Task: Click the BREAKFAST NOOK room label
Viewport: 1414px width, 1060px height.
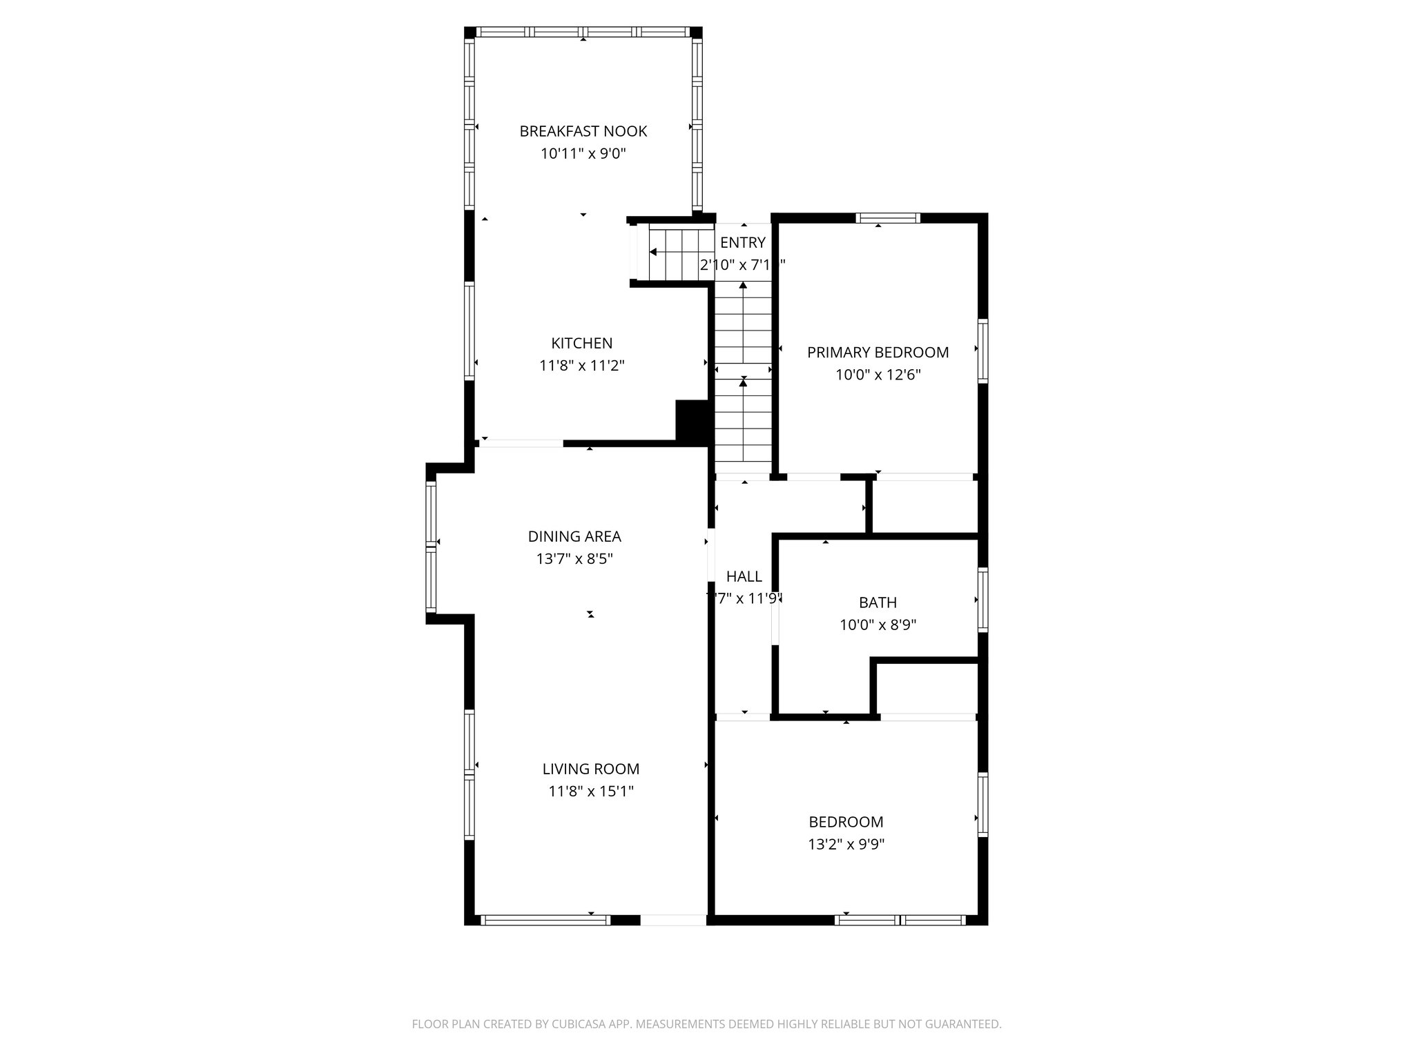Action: (583, 131)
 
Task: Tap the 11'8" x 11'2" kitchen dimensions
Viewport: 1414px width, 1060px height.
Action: (581, 366)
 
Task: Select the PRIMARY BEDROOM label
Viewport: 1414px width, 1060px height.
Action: (878, 353)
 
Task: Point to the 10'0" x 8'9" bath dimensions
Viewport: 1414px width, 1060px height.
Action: (878, 625)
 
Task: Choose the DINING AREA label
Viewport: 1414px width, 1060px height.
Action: (574, 536)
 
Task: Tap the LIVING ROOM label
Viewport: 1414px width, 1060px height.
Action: (590, 769)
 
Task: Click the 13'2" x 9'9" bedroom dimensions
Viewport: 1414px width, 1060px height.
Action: (846, 844)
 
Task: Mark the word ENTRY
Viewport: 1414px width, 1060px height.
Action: (742, 243)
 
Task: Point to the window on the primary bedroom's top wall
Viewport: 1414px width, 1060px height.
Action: (888, 219)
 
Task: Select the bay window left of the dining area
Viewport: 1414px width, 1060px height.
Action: (432, 546)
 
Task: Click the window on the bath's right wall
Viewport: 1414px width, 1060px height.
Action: (982, 599)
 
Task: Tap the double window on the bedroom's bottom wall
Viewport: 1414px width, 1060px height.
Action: (900, 919)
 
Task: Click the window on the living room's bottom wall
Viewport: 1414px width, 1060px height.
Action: (545, 919)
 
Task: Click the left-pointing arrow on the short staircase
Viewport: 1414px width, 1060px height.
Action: (653, 253)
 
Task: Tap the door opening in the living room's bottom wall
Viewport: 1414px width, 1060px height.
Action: (673, 919)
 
